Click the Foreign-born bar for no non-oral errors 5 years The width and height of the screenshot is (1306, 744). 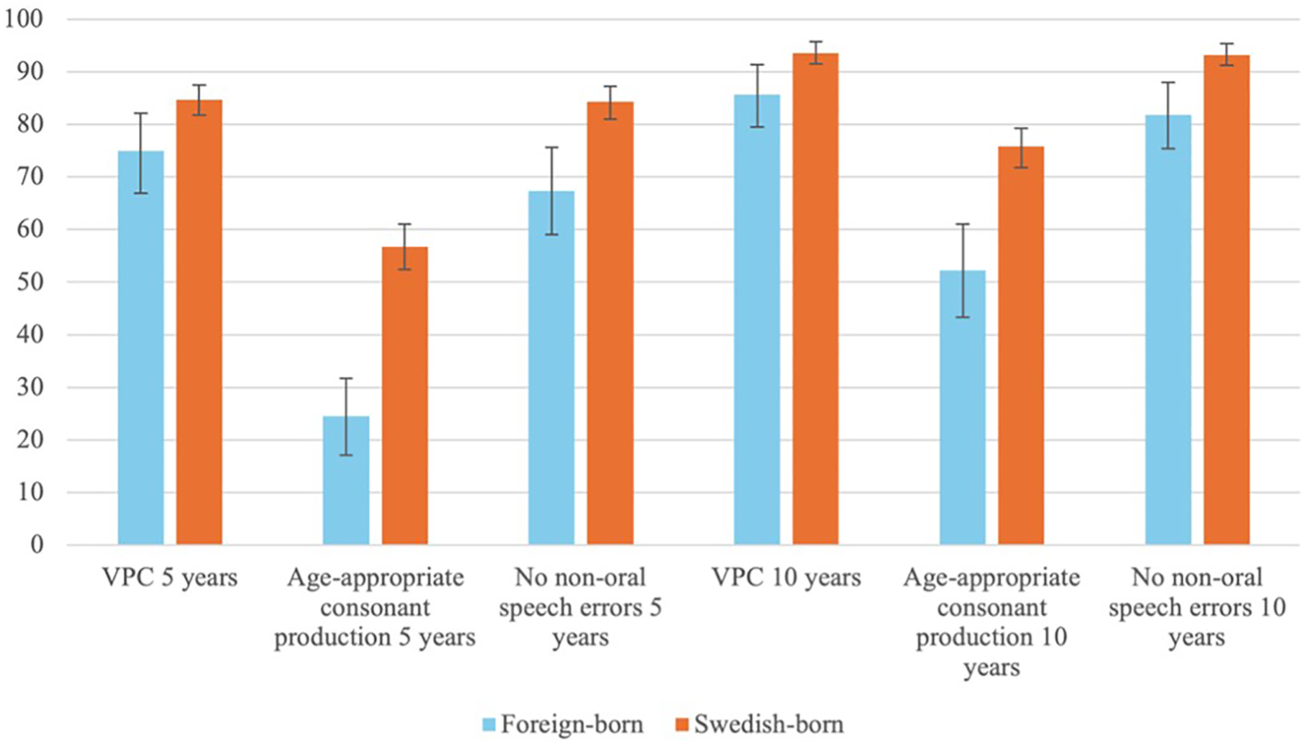pos(552,368)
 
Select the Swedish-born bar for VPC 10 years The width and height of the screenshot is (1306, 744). pos(816,299)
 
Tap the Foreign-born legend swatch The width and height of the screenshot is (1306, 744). pos(489,724)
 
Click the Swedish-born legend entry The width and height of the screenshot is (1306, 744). pos(760,724)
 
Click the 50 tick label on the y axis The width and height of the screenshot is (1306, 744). pos(30,282)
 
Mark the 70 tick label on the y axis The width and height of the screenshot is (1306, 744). pos(30,177)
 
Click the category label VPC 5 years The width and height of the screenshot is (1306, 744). pos(170,578)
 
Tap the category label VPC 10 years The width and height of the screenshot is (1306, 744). pos(786,578)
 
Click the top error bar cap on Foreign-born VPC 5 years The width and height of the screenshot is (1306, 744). pos(141,113)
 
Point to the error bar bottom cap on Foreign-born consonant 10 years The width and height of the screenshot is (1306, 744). pos(963,317)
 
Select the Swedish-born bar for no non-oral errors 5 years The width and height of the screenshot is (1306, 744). pos(610,323)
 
